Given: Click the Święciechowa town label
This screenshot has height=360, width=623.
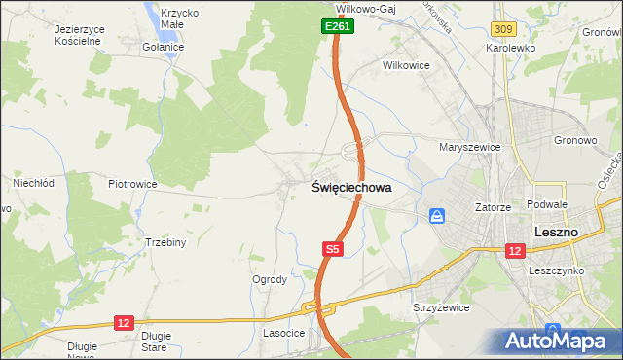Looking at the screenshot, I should click(351, 189).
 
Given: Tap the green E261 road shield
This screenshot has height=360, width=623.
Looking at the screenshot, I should click(338, 27).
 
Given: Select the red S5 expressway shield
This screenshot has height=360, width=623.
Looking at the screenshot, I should click(332, 250).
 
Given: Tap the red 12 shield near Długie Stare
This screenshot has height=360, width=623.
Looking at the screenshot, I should click(124, 322).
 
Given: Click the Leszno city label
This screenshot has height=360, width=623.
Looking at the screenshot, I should click(557, 233).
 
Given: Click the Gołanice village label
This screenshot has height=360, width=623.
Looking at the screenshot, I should click(163, 47).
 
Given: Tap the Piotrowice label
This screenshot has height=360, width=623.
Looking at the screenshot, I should click(132, 183).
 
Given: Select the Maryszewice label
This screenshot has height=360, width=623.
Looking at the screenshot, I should click(469, 147).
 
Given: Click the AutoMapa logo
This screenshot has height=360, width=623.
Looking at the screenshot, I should click(556, 340).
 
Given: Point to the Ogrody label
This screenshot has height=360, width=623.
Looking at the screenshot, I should click(270, 279).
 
